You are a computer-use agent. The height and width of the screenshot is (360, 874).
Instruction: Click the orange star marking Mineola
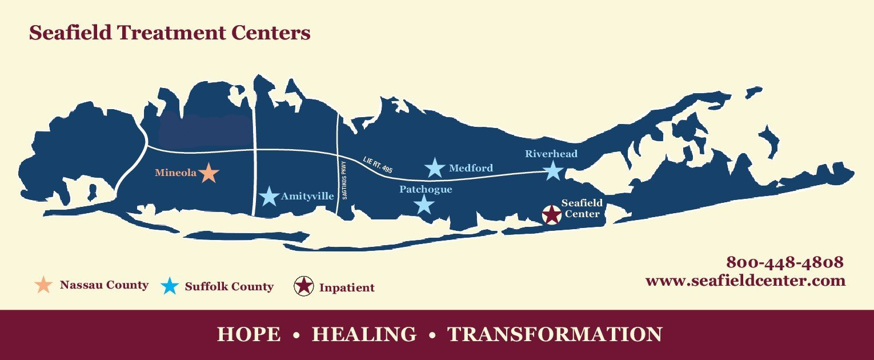coord(209,173)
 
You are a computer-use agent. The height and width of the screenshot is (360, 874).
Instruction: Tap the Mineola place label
coord(176,172)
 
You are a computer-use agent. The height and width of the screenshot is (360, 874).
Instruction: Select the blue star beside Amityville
coord(268,197)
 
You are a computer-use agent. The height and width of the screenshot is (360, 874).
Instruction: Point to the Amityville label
coord(307,197)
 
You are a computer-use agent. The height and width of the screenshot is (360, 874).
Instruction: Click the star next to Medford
coord(435,168)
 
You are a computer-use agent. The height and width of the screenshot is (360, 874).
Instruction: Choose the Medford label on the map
coord(471,168)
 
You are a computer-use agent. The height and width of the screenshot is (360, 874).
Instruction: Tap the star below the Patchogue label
coord(424,204)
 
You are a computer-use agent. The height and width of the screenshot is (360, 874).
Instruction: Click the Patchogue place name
coord(426,189)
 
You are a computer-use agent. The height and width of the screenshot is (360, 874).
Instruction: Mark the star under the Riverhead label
coord(552,170)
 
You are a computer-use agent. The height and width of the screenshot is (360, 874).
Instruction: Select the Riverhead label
coord(551,154)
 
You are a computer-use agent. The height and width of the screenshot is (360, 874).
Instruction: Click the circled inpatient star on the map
coord(551,215)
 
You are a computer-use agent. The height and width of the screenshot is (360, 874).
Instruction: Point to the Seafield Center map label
coord(582,209)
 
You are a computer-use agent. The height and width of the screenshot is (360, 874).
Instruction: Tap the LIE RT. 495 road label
coord(378,165)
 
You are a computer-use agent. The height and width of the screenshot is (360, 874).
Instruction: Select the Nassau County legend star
coord(44,285)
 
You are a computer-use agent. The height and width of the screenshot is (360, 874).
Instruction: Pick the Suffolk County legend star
coord(170,286)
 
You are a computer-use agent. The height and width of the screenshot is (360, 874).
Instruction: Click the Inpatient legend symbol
coord(304,286)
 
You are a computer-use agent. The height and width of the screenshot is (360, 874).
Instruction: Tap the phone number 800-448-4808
coord(784,262)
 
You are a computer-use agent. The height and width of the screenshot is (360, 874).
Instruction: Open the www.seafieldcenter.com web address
coord(745,281)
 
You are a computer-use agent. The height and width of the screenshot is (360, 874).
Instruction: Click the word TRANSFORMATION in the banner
coord(555,334)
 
